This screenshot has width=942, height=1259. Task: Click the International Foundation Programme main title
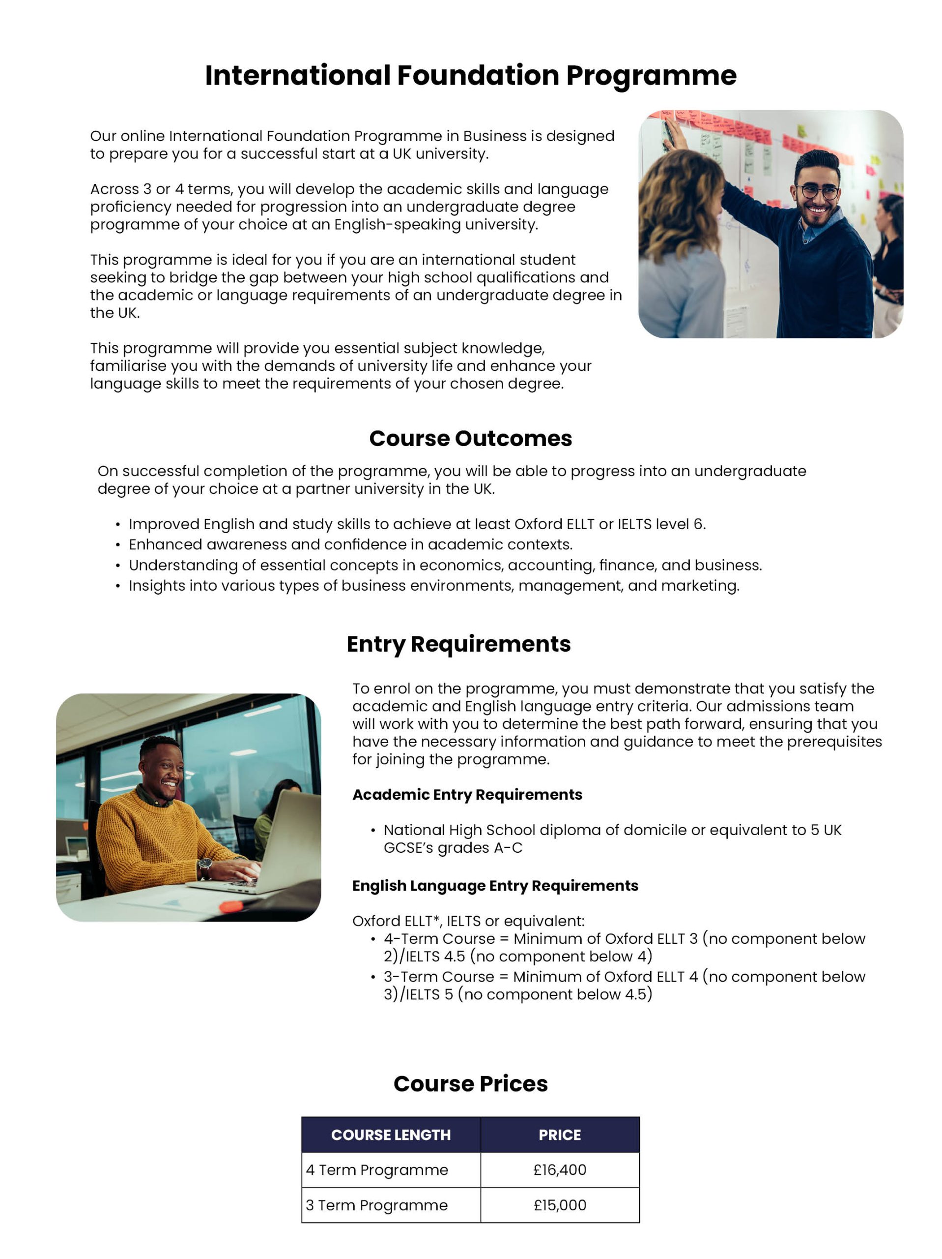470,76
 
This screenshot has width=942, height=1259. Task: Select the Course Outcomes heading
470,438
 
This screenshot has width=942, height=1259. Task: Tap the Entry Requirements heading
458,644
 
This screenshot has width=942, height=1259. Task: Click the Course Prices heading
470,1084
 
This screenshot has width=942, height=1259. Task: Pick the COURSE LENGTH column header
391,1135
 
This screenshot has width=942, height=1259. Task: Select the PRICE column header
560,1135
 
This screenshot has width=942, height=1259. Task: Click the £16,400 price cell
560,1169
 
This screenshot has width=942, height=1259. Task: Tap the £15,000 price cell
560,1205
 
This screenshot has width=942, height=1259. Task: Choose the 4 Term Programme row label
377,1169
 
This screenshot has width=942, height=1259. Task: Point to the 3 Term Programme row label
376,1205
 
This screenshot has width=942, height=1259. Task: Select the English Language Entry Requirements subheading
495,886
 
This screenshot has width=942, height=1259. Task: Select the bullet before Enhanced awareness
118,545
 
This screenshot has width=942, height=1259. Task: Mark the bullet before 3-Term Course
373,977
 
